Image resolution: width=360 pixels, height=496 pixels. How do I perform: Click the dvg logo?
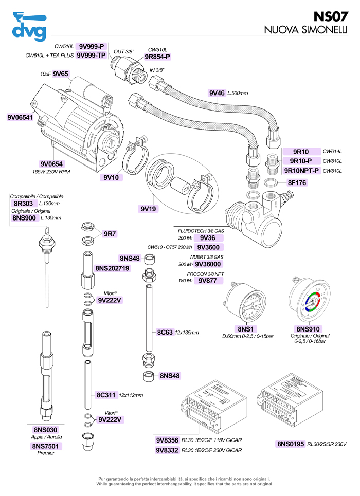[28, 26]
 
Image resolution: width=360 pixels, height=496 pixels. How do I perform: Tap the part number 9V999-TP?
[91, 56]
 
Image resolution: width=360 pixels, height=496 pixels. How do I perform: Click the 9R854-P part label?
[157, 57]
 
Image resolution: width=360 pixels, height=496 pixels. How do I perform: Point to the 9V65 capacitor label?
[61, 74]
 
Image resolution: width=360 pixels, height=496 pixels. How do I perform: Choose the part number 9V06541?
[20, 117]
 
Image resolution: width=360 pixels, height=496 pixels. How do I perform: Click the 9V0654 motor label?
[51, 164]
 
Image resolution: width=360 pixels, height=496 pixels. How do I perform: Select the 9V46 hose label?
[217, 93]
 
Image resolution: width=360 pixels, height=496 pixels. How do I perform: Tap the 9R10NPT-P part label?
[302, 170]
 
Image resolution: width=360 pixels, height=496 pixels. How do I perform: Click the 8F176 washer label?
[297, 182]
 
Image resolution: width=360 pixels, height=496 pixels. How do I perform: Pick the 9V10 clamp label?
[111, 177]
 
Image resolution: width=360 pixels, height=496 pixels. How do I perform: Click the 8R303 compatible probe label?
[23, 204]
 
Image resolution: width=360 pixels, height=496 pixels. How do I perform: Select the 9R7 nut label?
[110, 234]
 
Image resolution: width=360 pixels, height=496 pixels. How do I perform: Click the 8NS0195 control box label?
[291, 444]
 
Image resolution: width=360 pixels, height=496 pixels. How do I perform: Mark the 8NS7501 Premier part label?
[46, 446]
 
